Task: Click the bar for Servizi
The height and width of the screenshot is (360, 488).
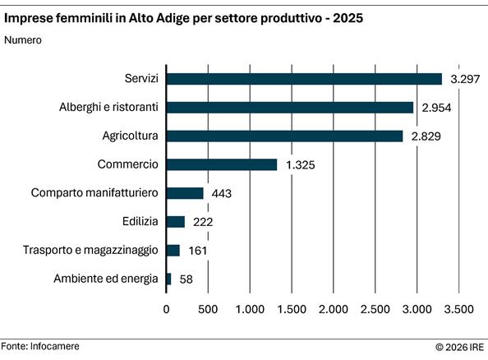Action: tap(304, 79)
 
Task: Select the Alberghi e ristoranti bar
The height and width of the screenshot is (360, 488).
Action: tap(290, 107)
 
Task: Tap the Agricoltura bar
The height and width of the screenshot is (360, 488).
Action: tap(285, 136)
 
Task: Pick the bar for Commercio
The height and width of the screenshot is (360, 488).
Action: tap(222, 164)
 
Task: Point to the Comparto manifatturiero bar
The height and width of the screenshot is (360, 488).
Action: tap(185, 193)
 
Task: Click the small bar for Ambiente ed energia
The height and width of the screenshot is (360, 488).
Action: tap(169, 279)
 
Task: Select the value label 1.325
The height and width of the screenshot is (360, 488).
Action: tap(302, 164)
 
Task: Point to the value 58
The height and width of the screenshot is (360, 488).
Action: tap(186, 279)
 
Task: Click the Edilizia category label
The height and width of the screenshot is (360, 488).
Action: tap(138, 222)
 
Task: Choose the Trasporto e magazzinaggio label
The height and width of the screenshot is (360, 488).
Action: tap(102, 251)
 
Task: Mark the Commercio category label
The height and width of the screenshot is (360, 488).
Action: tap(127, 164)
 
